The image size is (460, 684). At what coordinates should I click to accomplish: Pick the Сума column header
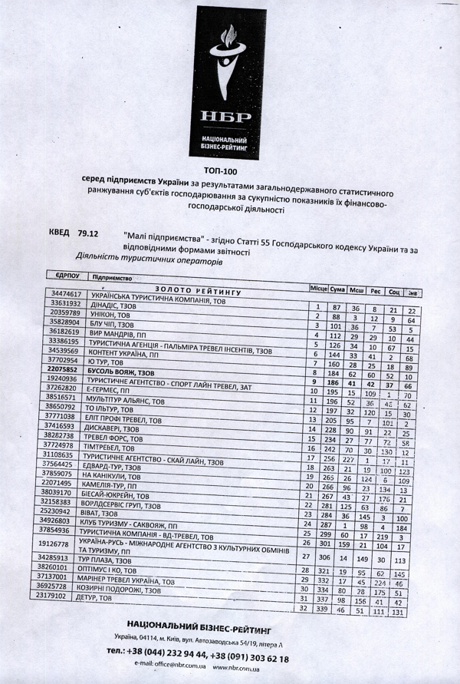pyautogui.click(x=337, y=289)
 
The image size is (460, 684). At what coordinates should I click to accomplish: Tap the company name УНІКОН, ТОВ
pyautogui.click(x=113, y=314)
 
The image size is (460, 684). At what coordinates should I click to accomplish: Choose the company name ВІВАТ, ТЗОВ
pyautogui.click(x=110, y=511)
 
